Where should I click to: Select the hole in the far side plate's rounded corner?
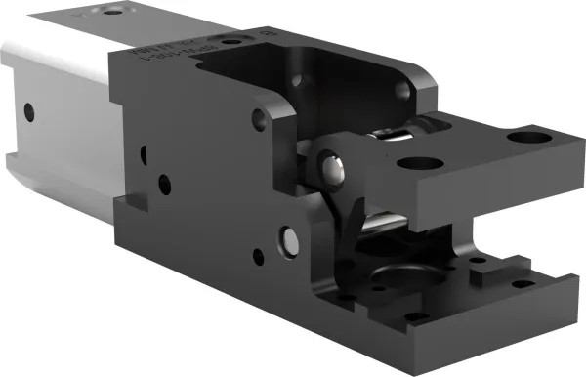[x=402, y=91]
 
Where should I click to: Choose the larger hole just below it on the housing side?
[x=163, y=182]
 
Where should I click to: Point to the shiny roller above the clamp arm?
[x=391, y=134]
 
